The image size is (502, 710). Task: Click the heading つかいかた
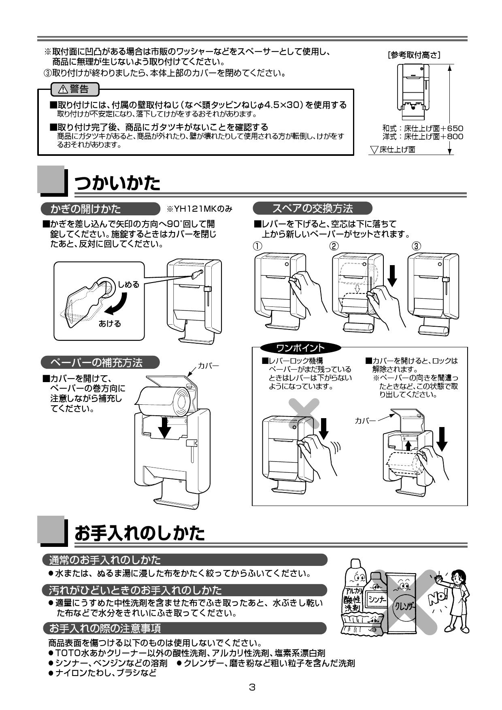117,183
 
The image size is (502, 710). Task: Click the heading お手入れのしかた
140,533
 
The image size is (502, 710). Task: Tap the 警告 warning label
74,89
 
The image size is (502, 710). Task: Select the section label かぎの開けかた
85,209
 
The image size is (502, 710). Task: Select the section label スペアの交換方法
312,208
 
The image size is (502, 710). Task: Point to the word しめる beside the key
128,285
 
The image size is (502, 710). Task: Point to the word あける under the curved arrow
110,324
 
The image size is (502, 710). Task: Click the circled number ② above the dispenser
334,246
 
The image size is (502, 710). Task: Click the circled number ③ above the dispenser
417,246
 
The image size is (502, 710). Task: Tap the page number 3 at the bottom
252,687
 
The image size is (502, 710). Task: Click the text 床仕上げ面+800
433,136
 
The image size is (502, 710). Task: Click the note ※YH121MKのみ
200,209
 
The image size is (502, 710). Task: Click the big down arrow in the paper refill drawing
164,427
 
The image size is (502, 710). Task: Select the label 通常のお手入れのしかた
104,560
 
